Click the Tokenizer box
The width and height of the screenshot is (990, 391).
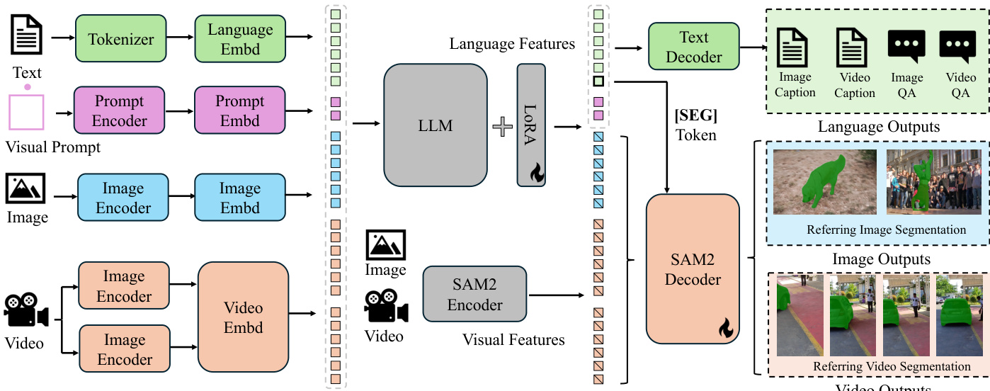click(x=121, y=39)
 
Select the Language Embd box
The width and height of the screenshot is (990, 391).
click(x=240, y=39)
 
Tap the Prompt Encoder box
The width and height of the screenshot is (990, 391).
click(x=119, y=111)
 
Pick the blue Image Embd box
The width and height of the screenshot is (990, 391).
click(x=240, y=198)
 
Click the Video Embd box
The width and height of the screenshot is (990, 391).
click(x=244, y=318)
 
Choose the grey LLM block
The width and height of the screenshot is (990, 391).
click(x=436, y=126)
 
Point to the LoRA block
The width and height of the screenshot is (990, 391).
click(x=531, y=124)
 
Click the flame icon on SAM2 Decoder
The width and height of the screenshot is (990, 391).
click(x=725, y=327)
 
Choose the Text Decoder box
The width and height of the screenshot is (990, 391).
click(x=694, y=47)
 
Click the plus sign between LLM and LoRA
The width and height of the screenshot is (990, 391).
click(x=502, y=127)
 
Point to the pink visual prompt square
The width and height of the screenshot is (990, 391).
click(x=27, y=111)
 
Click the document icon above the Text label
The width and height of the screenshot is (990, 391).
click(x=28, y=34)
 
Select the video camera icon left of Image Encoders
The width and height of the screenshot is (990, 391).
click(x=26, y=311)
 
